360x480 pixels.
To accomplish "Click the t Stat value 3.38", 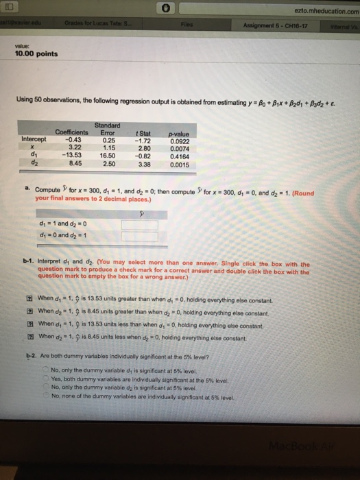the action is pyautogui.click(x=144, y=165).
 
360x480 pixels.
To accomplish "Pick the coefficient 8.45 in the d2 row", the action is pyautogui.click(x=76, y=165).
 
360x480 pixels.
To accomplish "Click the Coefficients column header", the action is pyautogui.click(x=71, y=131).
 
